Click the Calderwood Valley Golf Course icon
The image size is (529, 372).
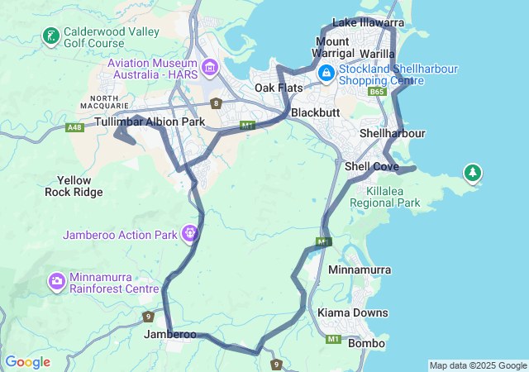pyautogui.click(x=51, y=36)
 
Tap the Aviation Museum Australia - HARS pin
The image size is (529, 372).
pyautogui.click(x=209, y=65)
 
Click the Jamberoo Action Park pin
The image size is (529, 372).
pyautogui.click(x=190, y=234)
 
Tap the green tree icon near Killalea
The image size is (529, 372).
pyautogui.click(x=473, y=173)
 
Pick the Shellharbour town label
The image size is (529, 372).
pyautogui.click(x=393, y=133)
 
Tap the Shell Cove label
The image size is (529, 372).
pyautogui.click(x=372, y=166)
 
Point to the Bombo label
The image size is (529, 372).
pyautogui.click(x=365, y=343)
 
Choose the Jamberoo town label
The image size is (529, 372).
pyautogui.click(x=170, y=335)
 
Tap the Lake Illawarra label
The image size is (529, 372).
pyautogui.click(x=368, y=22)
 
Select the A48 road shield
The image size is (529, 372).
pyautogui.click(x=75, y=127)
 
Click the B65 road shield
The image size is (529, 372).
pyautogui.click(x=378, y=92)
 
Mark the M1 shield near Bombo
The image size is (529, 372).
pyautogui.click(x=334, y=339)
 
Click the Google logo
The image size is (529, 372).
pyautogui.click(x=27, y=362)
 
